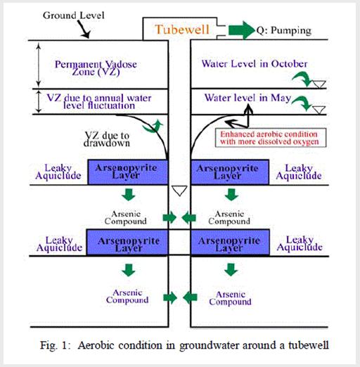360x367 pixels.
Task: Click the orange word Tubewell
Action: (182, 30)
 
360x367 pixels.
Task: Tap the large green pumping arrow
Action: (241, 30)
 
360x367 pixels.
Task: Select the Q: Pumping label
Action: (284, 31)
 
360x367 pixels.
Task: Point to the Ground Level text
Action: (73, 15)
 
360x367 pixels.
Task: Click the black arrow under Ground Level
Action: (84, 30)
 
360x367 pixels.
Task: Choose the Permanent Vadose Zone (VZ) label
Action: (96, 67)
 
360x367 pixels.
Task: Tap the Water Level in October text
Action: (255, 64)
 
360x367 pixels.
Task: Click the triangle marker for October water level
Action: (319, 84)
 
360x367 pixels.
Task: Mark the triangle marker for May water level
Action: (319, 110)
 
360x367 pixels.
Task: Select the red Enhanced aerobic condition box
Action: (271, 138)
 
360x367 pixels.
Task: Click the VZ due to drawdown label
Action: (107, 139)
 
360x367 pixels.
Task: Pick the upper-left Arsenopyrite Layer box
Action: (128, 172)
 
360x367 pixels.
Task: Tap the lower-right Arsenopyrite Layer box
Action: (230, 243)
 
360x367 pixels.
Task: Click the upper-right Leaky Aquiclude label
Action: (299, 172)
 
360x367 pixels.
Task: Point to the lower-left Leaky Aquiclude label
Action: (59, 244)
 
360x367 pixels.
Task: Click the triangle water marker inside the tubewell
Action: (179, 191)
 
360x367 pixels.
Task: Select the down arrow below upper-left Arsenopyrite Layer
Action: (129, 194)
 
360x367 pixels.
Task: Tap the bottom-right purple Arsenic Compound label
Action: (230, 298)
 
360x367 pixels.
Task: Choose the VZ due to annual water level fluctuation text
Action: (99, 102)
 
